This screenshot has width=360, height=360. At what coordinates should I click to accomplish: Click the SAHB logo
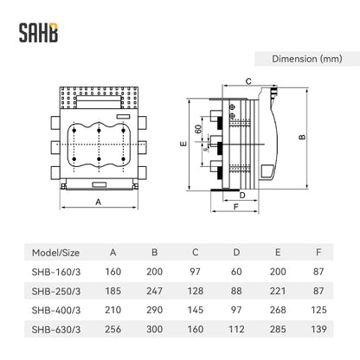pos(38,33)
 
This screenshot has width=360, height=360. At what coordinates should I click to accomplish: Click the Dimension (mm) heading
pos(307,59)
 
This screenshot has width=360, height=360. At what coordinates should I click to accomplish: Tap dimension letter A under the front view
pos(99,202)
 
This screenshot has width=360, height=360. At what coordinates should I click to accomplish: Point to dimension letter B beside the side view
pos(302,137)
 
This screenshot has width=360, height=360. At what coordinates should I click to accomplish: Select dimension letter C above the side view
pos(248,81)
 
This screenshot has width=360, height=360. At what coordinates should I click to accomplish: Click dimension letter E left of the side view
pos(183,144)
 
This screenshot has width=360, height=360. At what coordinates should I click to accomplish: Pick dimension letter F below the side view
pos(236,207)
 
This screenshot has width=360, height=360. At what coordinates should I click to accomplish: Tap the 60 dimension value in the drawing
pos(198,129)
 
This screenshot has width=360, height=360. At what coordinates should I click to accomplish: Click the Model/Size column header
pos(55,253)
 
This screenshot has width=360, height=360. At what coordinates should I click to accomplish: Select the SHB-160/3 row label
pos(56,272)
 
